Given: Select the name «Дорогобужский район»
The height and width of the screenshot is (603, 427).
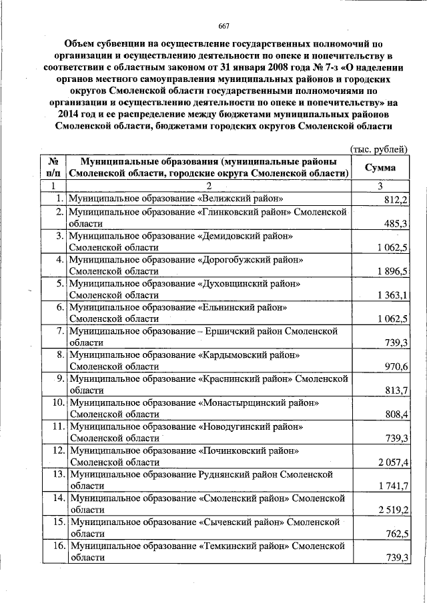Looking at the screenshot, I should pyautogui.click(x=251, y=259).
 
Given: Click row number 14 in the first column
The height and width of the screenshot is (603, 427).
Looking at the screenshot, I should pyautogui.click(x=57, y=498).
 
